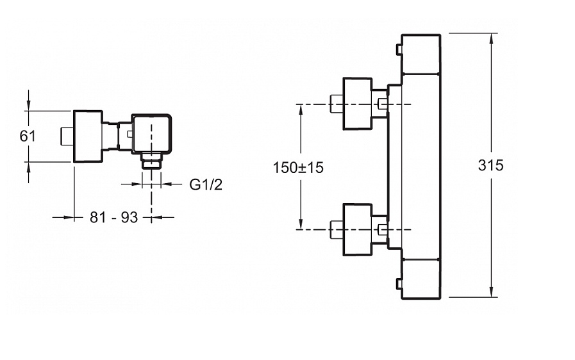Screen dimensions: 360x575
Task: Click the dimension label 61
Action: [x=28, y=136]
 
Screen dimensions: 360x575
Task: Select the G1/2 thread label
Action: [x=206, y=184]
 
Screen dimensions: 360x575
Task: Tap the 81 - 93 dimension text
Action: [x=113, y=218]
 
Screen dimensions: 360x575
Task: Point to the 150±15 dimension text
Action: [x=298, y=167]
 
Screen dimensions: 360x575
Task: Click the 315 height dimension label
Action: [x=491, y=165]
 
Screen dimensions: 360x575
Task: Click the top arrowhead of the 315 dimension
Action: [x=492, y=38]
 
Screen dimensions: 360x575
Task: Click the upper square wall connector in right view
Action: [x=358, y=103]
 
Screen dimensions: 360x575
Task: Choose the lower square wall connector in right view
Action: [x=358, y=229]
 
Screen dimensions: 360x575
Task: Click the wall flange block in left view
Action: [x=87, y=135]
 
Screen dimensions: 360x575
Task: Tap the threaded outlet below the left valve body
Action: [x=151, y=161]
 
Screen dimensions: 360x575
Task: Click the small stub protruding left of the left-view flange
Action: [x=66, y=135]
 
